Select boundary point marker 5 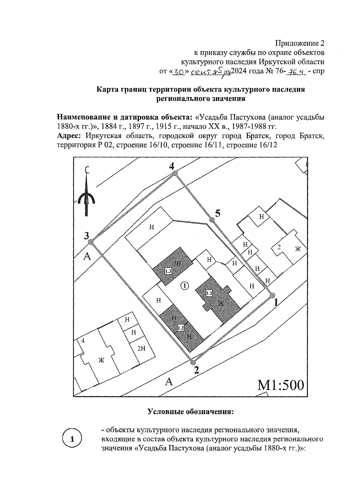(x=212, y=220)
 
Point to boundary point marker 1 (x=272, y=296)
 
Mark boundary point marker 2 (x=193, y=362)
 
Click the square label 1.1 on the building (x=209, y=293)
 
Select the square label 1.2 (x=181, y=328)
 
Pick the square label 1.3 (x=168, y=272)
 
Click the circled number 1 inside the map (x=185, y=286)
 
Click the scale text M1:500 (x=281, y=385)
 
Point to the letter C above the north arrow (x=87, y=170)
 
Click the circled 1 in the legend (x=72, y=440)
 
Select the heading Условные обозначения (x=190, y=411)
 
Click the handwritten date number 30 (x=179, y=72)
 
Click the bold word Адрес (x=69, y=135)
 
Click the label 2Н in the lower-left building (x=141, y=349)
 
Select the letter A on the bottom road (x=169, y=382)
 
